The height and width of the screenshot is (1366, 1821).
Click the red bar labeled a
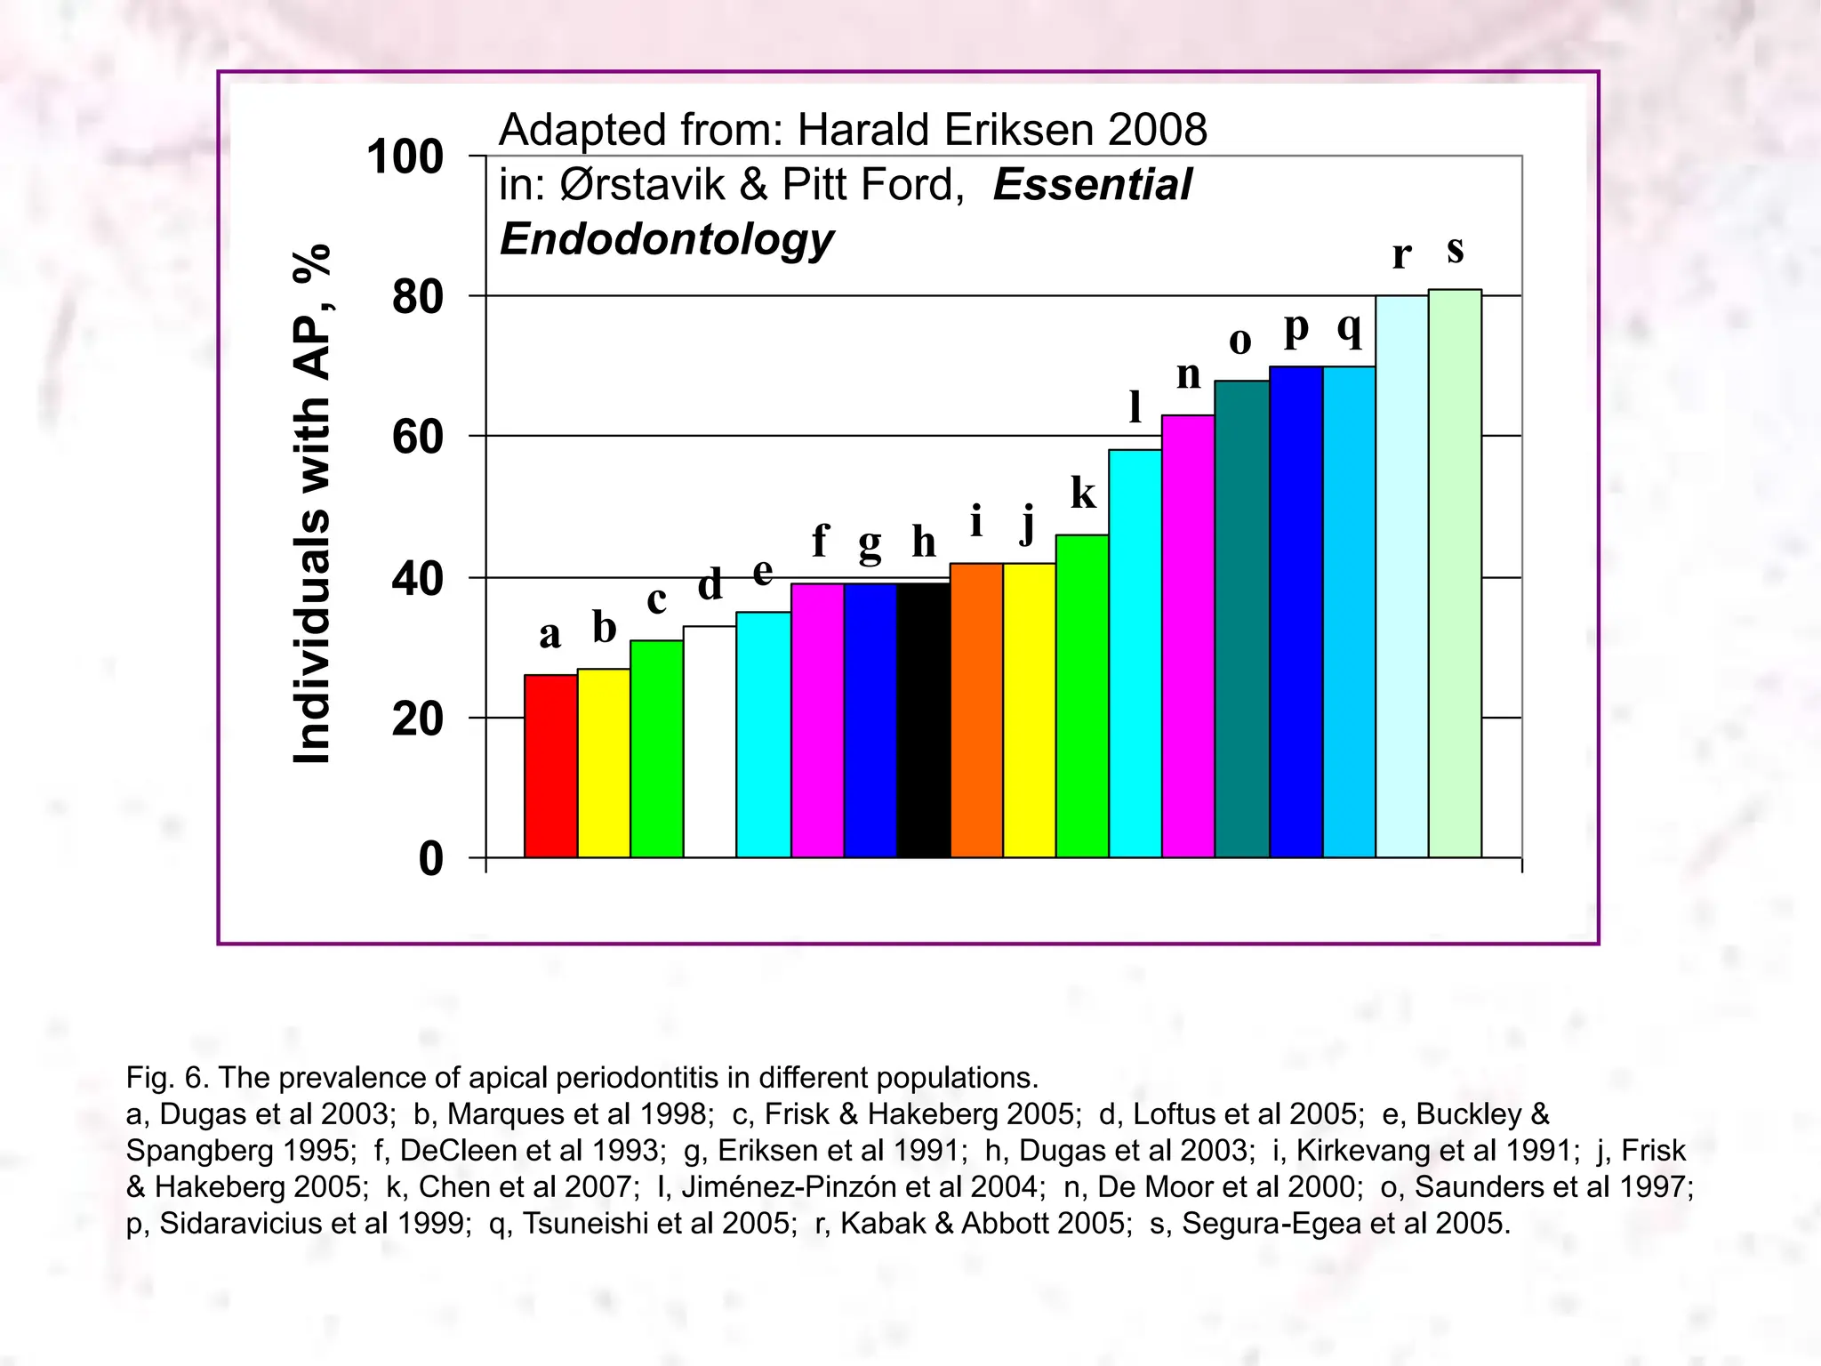tap(550, 766)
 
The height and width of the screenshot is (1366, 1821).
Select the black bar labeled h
tap(923, 720)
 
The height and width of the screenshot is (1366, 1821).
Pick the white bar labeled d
tap(710, 742)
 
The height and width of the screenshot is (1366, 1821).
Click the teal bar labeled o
tap(1241, 619)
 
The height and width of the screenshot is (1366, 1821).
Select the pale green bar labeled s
tap(1455, 574)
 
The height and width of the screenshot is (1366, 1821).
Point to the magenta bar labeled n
tap(1188, 636)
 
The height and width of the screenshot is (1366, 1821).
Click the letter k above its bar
tap(1083, 493)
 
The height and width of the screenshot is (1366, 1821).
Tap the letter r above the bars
tap(1401, 254)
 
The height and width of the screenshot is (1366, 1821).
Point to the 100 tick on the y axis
tap(405, 157)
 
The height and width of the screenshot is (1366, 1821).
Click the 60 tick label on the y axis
tap(417, 438)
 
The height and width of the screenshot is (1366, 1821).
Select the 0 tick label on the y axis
tap(430, 859)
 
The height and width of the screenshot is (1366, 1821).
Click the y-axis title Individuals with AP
tap(312, 504)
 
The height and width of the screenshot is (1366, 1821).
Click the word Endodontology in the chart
tap(667, 239)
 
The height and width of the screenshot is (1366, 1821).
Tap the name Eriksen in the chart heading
tap(1008, 130)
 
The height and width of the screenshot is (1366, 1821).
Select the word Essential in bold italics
tap(1092, 185)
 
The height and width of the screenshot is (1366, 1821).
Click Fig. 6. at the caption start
tap(167, 1078)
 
